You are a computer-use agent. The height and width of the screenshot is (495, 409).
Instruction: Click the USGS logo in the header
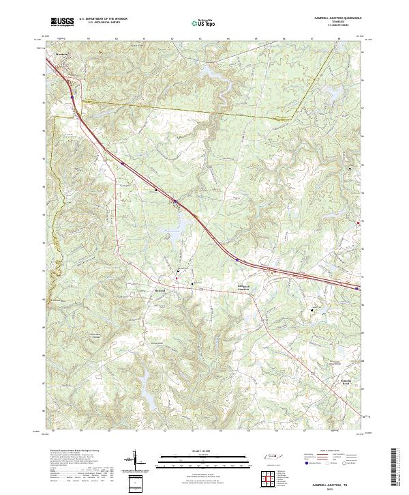pyautogui.click(x=62, y=23)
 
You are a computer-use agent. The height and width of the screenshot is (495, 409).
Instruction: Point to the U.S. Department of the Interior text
pyautogui.click(x=103, y=19)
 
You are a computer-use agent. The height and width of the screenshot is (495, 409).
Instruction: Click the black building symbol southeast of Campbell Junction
pyautogui.click(x=313, y=311)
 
